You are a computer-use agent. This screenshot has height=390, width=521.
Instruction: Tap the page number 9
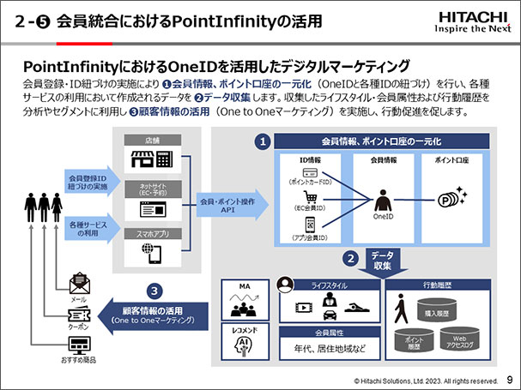point(510,378)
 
